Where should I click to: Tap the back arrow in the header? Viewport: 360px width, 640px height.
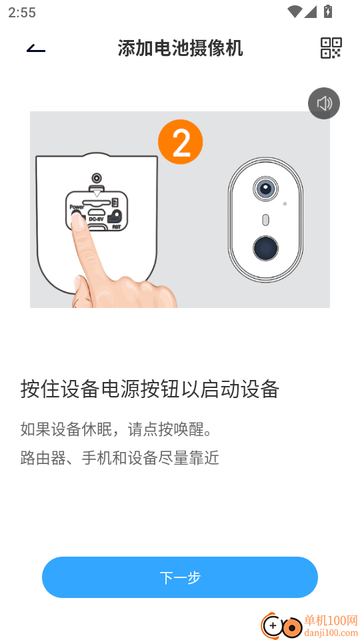click(x=36, y=49)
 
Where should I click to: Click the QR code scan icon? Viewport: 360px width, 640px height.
click(x=331, y=48)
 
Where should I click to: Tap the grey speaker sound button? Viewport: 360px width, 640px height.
click(x=324, y=104)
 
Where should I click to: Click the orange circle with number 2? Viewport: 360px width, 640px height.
click(x=181, y=142)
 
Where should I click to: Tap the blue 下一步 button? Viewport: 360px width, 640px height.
click(x=180, y=577)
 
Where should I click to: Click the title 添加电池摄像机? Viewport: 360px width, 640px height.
click(x=181, y=48)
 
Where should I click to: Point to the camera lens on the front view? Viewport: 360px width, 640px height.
click(x=265, y=189)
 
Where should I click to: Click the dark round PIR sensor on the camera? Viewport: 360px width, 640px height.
click(x=265, y=248)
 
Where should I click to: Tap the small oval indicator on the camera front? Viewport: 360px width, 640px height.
click(x=265, y=220)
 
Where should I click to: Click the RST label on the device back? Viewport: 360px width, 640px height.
click(x=116, y=227)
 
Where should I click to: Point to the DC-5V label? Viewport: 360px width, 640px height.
click(x=95, y=219)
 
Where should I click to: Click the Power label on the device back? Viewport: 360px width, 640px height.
click(x=76, y=207)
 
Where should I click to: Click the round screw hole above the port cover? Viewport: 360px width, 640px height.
click(x=96, y=179)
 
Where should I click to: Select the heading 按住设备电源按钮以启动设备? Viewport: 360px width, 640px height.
click(x=150, y=389)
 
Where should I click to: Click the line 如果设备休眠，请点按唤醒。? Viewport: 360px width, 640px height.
click(x=117, y=429)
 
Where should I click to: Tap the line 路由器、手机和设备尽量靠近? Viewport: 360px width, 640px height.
click(x=119, y=458)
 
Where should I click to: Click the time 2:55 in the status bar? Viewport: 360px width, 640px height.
click(x=22, y=13)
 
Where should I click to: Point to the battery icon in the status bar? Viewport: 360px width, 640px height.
click(x=328, y=11)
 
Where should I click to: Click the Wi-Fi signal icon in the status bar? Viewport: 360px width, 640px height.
click(x=294, y=11)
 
